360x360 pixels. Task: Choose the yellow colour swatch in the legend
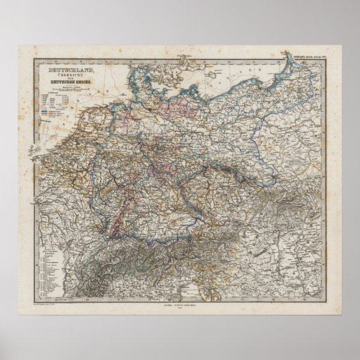tap(45, 115)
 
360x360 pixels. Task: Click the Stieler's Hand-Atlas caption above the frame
tap(310, 54)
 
